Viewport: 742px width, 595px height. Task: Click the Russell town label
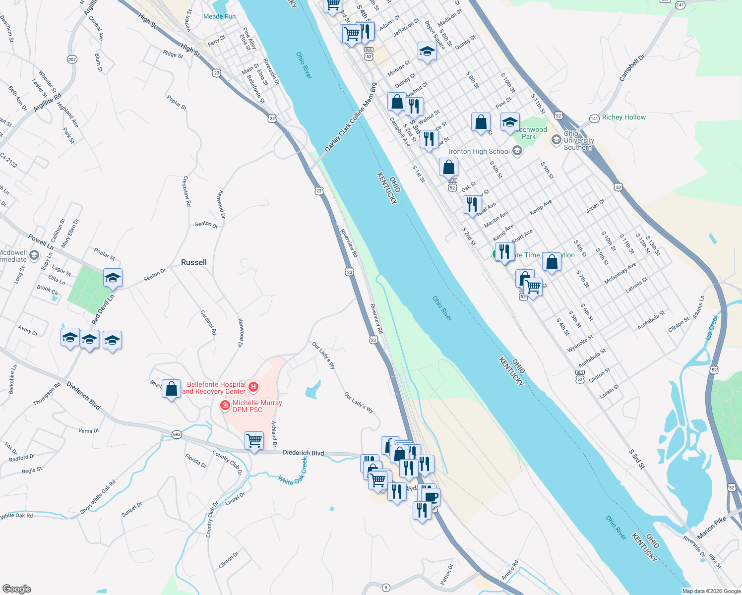(x=194, y=262)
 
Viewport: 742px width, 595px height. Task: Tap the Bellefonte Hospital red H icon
(x=253, y=387)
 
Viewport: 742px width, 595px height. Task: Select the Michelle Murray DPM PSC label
(x=257, y=406)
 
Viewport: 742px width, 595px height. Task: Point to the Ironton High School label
(x=479, y=151)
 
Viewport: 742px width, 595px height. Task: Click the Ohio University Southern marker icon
(x=556, y=140)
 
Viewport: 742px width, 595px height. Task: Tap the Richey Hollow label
(x=623, y=118)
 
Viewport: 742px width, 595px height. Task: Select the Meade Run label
(x=219, y=16)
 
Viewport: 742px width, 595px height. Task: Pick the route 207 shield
(x=72, y=59)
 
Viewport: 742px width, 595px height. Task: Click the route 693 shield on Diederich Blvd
(x=177, y=434)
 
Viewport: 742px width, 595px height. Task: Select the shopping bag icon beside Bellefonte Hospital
(x=171, y=389)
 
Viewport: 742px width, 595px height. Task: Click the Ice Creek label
(x=712, y=327)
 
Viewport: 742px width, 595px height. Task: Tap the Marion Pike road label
(x=711, y=528)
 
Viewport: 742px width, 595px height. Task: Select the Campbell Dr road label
(x=632, y=68)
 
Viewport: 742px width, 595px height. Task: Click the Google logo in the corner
(x=16, y=589)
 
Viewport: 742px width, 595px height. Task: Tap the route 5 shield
(x=386, y=588)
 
